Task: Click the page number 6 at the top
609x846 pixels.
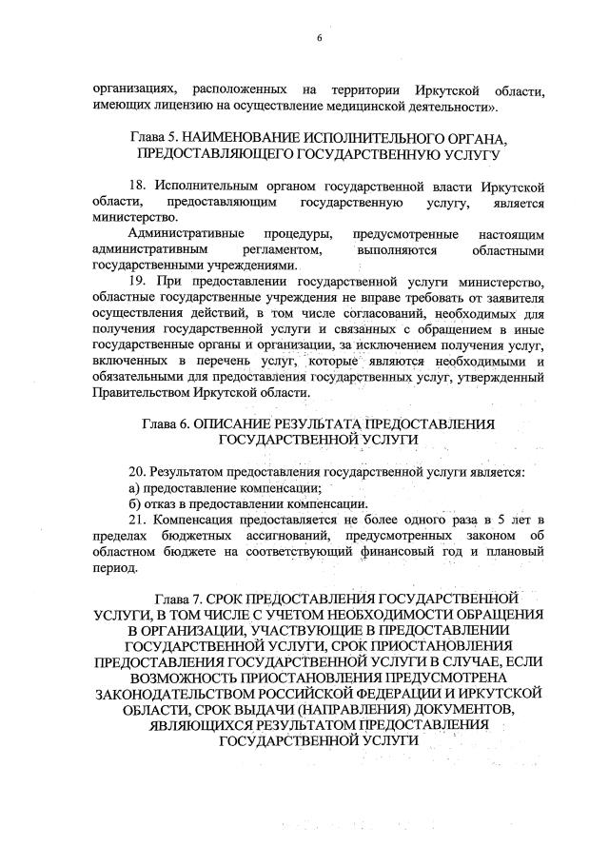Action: coord(320,38)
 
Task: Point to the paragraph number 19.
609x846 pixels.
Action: coord(135,282)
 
